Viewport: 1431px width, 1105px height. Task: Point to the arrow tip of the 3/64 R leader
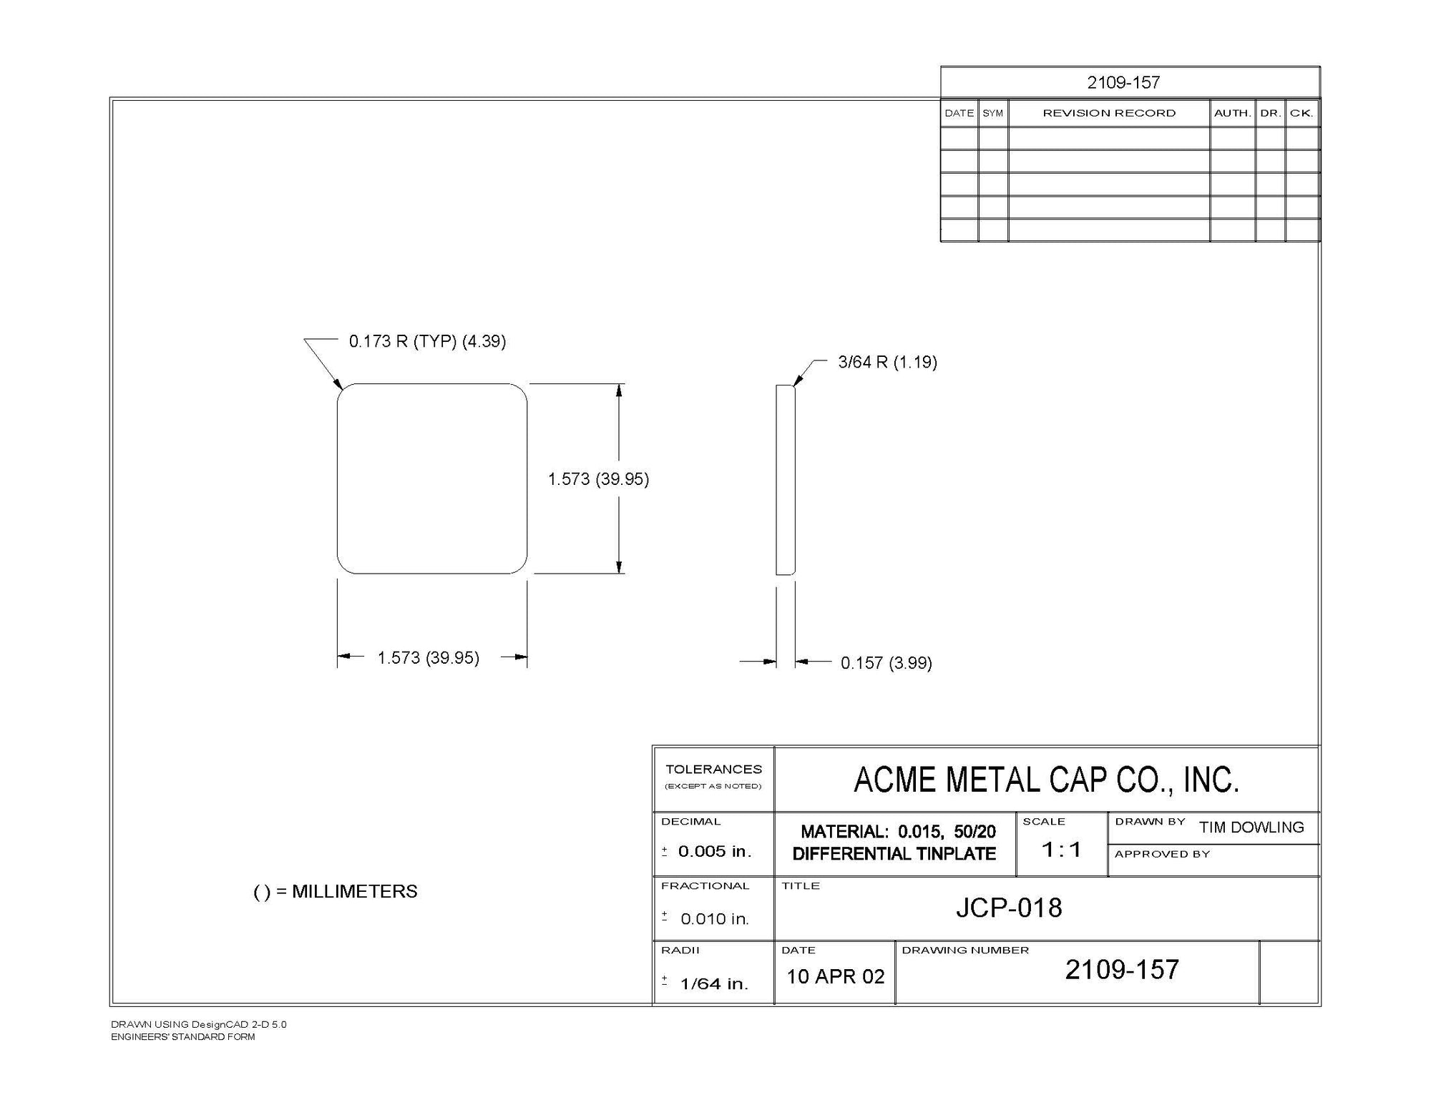click(794, 385)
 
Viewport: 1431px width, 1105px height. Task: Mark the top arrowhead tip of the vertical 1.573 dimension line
click(619, 384)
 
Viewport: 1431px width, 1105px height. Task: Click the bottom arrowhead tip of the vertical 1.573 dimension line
click(619, 573)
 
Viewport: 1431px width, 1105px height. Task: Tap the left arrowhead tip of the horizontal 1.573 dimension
click(338, 657)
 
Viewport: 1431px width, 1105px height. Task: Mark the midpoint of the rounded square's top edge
click(432, 384)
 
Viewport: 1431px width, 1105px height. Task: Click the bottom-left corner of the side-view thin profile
click(776, 574)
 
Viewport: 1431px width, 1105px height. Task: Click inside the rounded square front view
click(432, 478)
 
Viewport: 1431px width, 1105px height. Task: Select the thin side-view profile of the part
click(786, 479)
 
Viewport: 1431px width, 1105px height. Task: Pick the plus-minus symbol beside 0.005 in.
click(665, 851)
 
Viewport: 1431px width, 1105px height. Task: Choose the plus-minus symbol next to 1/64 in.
click(665, 981)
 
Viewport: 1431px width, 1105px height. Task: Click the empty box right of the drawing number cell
click(1289, 973)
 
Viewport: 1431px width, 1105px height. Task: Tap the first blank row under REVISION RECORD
click(1108, 138)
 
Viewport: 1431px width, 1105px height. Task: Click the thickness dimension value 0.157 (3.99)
click(886, 663)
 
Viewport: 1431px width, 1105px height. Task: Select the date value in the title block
click(836, 976)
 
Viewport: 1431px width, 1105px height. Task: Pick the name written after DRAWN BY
click(1251, 827)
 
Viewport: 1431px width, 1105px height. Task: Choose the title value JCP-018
click(1009, 908)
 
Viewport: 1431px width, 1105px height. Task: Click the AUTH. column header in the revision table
click(1232, 113)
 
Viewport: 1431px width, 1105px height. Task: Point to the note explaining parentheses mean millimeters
click(336, 892)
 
